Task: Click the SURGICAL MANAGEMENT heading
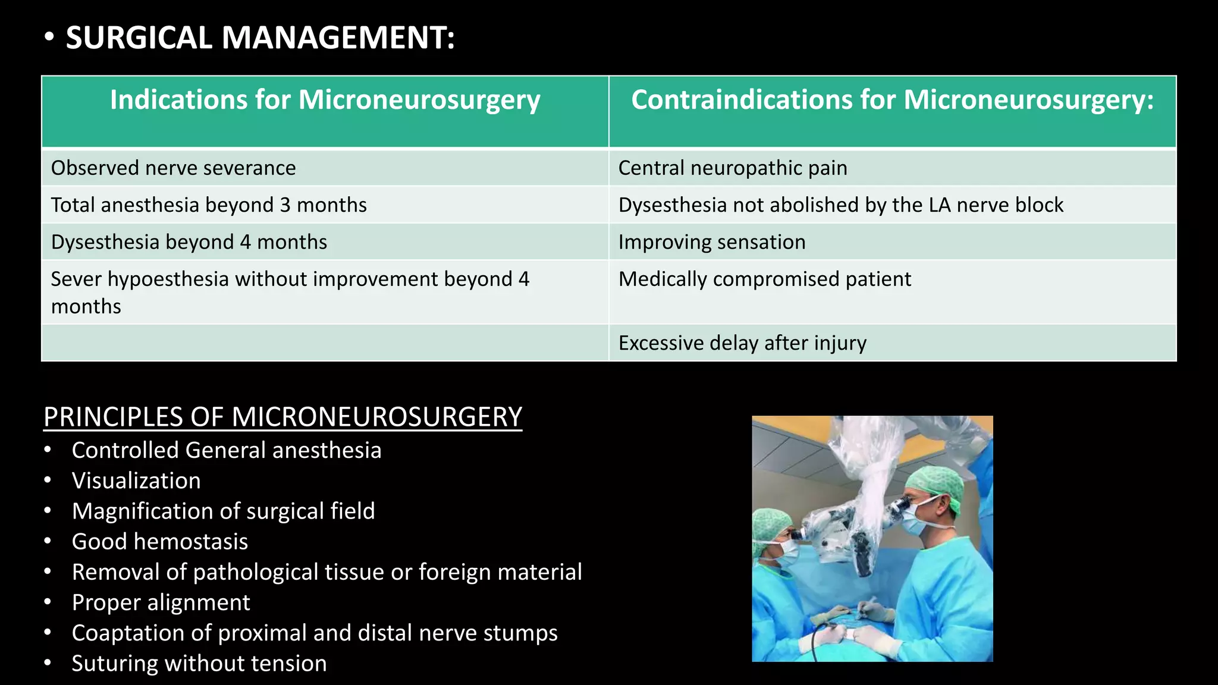[260, 37]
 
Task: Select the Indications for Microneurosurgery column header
[325, 100]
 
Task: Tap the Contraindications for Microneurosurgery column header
[892, 100]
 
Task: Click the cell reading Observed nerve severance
[173, 168]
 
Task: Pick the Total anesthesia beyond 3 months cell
[209, 205]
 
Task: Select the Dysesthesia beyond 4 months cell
[189, 243]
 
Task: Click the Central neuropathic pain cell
[733, 168]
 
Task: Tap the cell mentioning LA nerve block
[840, 205]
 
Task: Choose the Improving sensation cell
[712, 243]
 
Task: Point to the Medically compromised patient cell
[764, 279]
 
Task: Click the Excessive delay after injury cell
[742, 343]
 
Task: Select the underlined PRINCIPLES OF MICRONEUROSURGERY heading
[282, 417]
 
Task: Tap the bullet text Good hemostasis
[159, 542]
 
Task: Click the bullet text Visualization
[136, 481]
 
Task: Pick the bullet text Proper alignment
[161, 603]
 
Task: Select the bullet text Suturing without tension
[199, 664]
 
